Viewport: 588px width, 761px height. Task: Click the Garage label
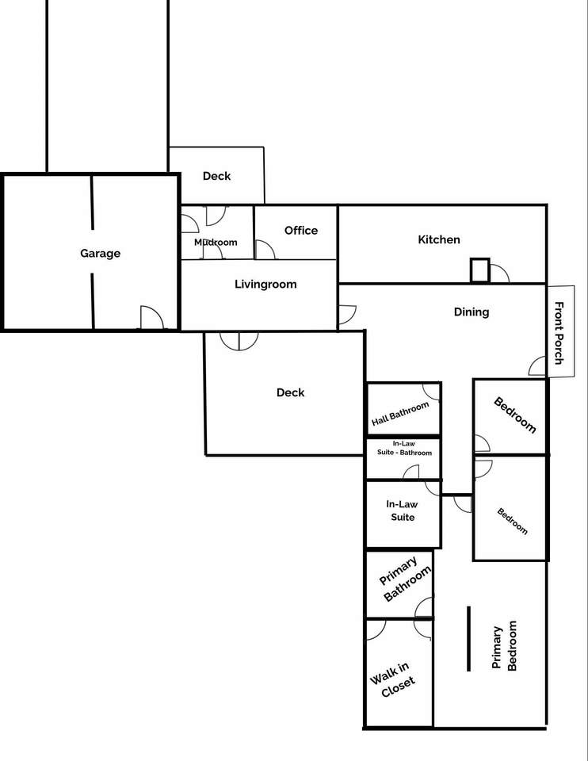point(101,254)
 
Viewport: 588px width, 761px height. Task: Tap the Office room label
point(301,231)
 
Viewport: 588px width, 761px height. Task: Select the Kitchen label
point(439,239)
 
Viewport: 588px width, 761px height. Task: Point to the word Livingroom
point(265,285)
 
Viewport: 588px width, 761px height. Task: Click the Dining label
point(471,312)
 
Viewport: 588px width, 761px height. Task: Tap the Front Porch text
point(559,333)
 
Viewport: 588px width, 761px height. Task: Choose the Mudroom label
point(216,243)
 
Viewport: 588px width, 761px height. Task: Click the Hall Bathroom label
point(400,414)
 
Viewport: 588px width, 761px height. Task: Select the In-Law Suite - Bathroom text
point(404,448)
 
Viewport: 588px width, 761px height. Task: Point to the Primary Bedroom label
point(504,646)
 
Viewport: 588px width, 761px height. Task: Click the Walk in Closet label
point(392,680)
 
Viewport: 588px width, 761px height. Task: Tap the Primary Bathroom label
point(405,579)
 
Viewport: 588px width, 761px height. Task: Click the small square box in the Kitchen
point(479,270)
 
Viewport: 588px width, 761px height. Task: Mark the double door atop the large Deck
point(239,341)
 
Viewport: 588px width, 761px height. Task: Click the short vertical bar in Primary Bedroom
point(468,639)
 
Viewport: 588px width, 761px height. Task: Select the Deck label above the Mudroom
point(216,176)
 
